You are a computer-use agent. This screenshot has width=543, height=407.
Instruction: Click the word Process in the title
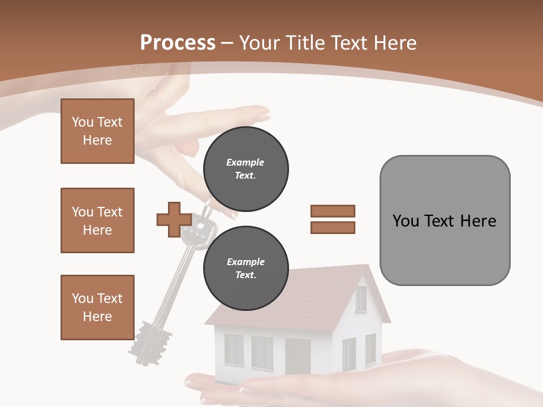pyautogui.click(x=178, y=43)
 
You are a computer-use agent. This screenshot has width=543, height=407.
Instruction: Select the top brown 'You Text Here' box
pyautogui.click(x=97, y=131)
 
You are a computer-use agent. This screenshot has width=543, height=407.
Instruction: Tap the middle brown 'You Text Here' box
pyautogui.click(x=97, y=220)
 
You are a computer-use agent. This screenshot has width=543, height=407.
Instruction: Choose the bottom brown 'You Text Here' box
pyautogui.click(x=97, y=308)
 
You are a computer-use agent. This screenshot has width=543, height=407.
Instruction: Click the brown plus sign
pyautogui.click(x=174, y=220)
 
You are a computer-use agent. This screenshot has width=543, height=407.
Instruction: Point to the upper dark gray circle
pyautogui.click(x=245, y=169)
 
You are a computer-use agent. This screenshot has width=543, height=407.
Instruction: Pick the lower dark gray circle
pyautogui.click(x=245, y=269)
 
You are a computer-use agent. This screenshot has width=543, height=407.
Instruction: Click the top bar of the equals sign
pyautogui.click(x=333, y=211)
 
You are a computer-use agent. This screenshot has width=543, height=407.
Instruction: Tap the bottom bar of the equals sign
pyautogui.click(x=333, y=227)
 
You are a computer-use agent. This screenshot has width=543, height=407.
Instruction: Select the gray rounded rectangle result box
pyautogui.click(x=445, y=220)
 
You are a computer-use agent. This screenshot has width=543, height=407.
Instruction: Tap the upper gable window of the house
pyautogui.click(x=361, y=299)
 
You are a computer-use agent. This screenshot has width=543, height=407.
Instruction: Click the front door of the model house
pyautogui.click(x=298, y=356)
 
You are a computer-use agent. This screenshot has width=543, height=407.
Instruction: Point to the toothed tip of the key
pyautogui.click(x=150, y=342)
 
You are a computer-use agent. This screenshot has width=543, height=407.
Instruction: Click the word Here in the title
pyautogui.click(x=391, y=43)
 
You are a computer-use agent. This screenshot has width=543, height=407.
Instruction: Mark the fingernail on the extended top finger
pyautogui.click(x=264, y=115)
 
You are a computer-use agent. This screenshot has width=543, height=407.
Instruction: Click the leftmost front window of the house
pyautogui.click(x=234, y=349)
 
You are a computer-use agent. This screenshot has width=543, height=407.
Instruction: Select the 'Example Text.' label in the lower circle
pyautogui.click(x=245, y=269)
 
